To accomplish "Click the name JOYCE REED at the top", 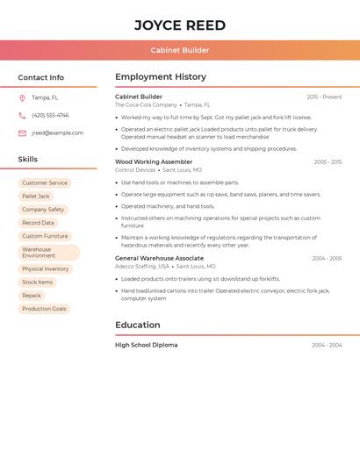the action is pos(180,25).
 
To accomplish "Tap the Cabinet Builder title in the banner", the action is pos(180,51).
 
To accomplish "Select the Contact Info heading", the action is pos(41,77).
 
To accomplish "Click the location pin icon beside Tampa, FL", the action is pos(22,97).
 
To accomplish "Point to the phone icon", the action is pos(22,115).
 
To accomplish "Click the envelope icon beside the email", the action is pos(22,133).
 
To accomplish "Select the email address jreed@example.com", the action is pos(57,133).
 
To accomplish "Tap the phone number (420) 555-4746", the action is pos(50,115).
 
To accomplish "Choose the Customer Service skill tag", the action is pos(45,183).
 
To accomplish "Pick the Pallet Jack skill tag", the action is pos(36,197).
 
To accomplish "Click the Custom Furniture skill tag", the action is pos(45,236).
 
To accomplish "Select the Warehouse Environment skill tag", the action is pos(48,253).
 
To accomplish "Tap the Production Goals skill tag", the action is pos(44,309).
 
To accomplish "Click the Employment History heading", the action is pos(161,77).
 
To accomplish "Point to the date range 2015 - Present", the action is pos(324,97).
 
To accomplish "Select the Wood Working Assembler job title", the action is pos(154,161).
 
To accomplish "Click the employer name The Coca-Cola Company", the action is pos(146,104).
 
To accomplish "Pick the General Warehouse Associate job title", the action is pos(159,258).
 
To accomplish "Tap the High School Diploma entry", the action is pos(146,345).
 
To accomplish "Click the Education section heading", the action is pos(138,325).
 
